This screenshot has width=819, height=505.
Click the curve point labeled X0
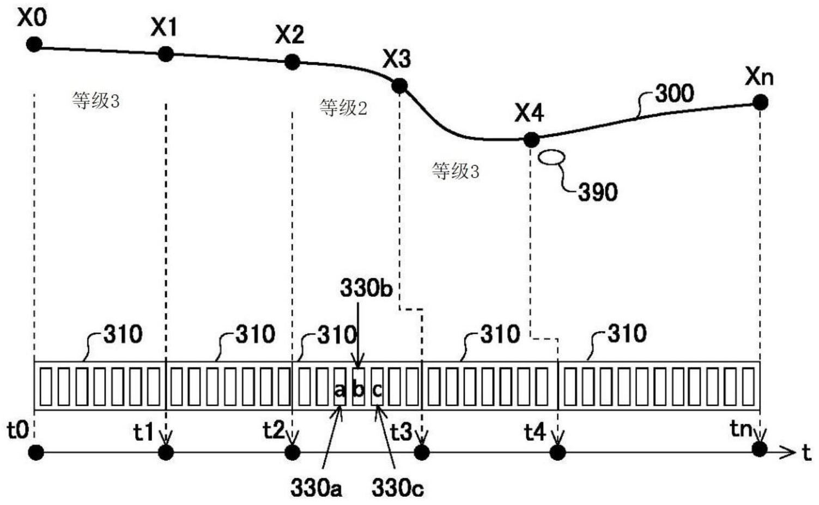click(x=34, y=45)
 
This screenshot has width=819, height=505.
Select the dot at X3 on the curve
click(x=399, y=86)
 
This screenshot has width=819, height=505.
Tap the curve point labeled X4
click(x=531, y=140)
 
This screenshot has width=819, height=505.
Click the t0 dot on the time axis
click(x=36, y=452)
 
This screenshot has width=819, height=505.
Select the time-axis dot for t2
click(x=293, y=452)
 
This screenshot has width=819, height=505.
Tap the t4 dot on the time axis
click(x=557, y=452)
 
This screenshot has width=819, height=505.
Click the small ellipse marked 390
click(x=551, y=157)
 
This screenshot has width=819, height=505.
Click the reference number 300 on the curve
click(x=675, y=94)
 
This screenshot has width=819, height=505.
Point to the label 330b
click(x=366, y=289)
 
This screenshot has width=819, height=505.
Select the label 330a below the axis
click(x=316, y=488)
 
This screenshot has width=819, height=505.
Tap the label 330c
click(x=397, y=488)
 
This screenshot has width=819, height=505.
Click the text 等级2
click(x=343, y=108)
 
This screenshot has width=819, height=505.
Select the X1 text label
click(x=163, y=27)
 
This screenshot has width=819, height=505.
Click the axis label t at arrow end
click(x=806, y=452)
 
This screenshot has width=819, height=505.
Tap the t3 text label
click(x=402, y=433)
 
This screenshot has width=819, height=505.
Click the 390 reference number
click(x=598, y=192)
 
